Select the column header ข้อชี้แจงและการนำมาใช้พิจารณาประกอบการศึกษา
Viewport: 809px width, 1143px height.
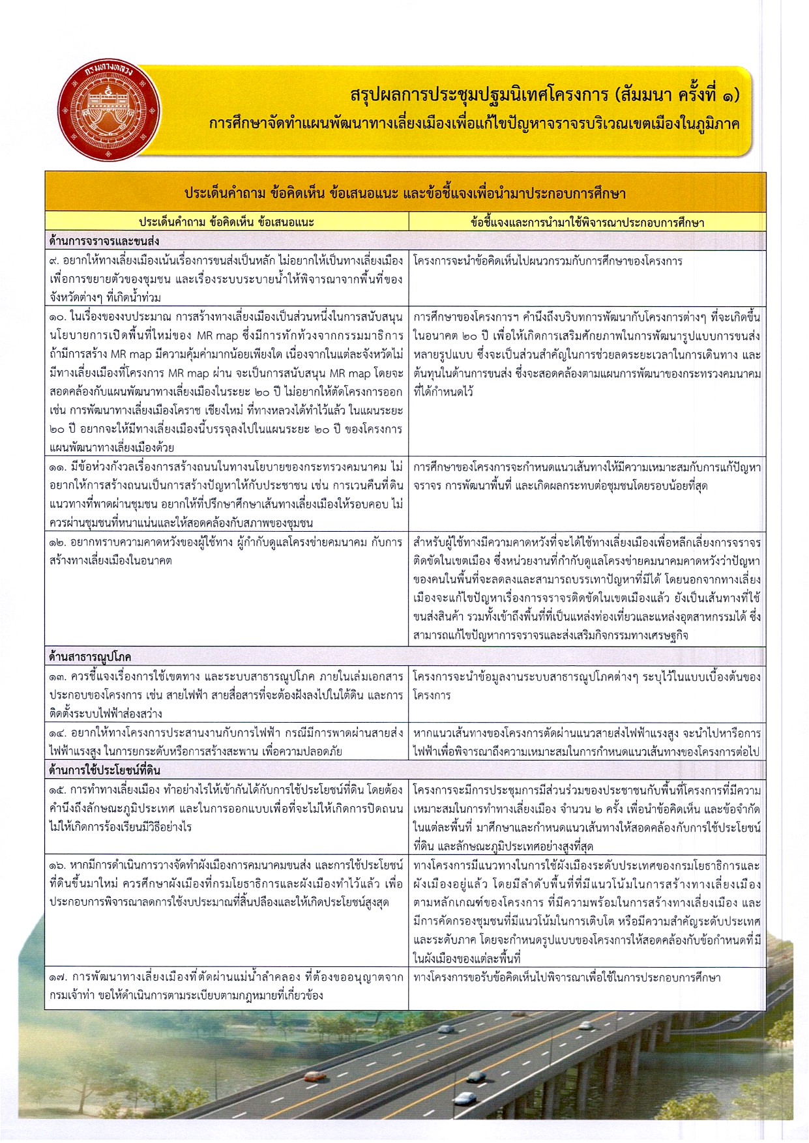(587, 222)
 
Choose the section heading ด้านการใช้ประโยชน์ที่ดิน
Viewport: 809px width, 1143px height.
(104, 770)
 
